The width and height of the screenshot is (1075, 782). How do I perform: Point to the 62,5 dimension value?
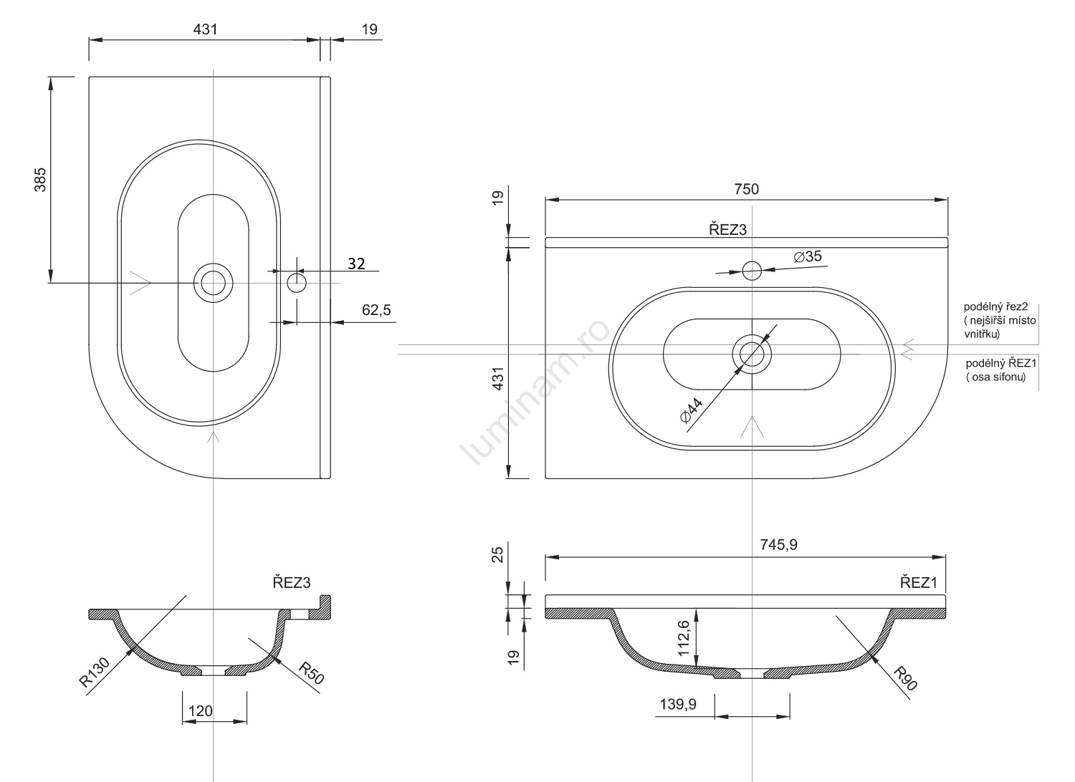point(377,310)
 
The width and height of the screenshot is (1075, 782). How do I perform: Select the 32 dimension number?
point(356,264)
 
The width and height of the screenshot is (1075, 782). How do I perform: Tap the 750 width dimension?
point(746,189)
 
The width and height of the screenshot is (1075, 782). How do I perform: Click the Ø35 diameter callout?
point(808,256)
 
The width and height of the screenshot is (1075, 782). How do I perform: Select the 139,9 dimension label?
point(677,705)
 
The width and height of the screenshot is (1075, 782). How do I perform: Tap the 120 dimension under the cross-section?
point(200,710)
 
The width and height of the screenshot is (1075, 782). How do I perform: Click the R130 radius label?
point(95,673)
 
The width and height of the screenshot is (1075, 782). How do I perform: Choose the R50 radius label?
point(311,674)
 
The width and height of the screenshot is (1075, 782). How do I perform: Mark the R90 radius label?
point(905,677)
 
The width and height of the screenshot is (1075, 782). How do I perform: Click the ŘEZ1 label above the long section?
point(919,582)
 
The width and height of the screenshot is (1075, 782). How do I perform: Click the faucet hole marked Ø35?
point(752,271)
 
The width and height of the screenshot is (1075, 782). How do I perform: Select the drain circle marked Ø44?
point(752,353)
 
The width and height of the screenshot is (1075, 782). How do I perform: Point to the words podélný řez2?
point(996,306)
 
